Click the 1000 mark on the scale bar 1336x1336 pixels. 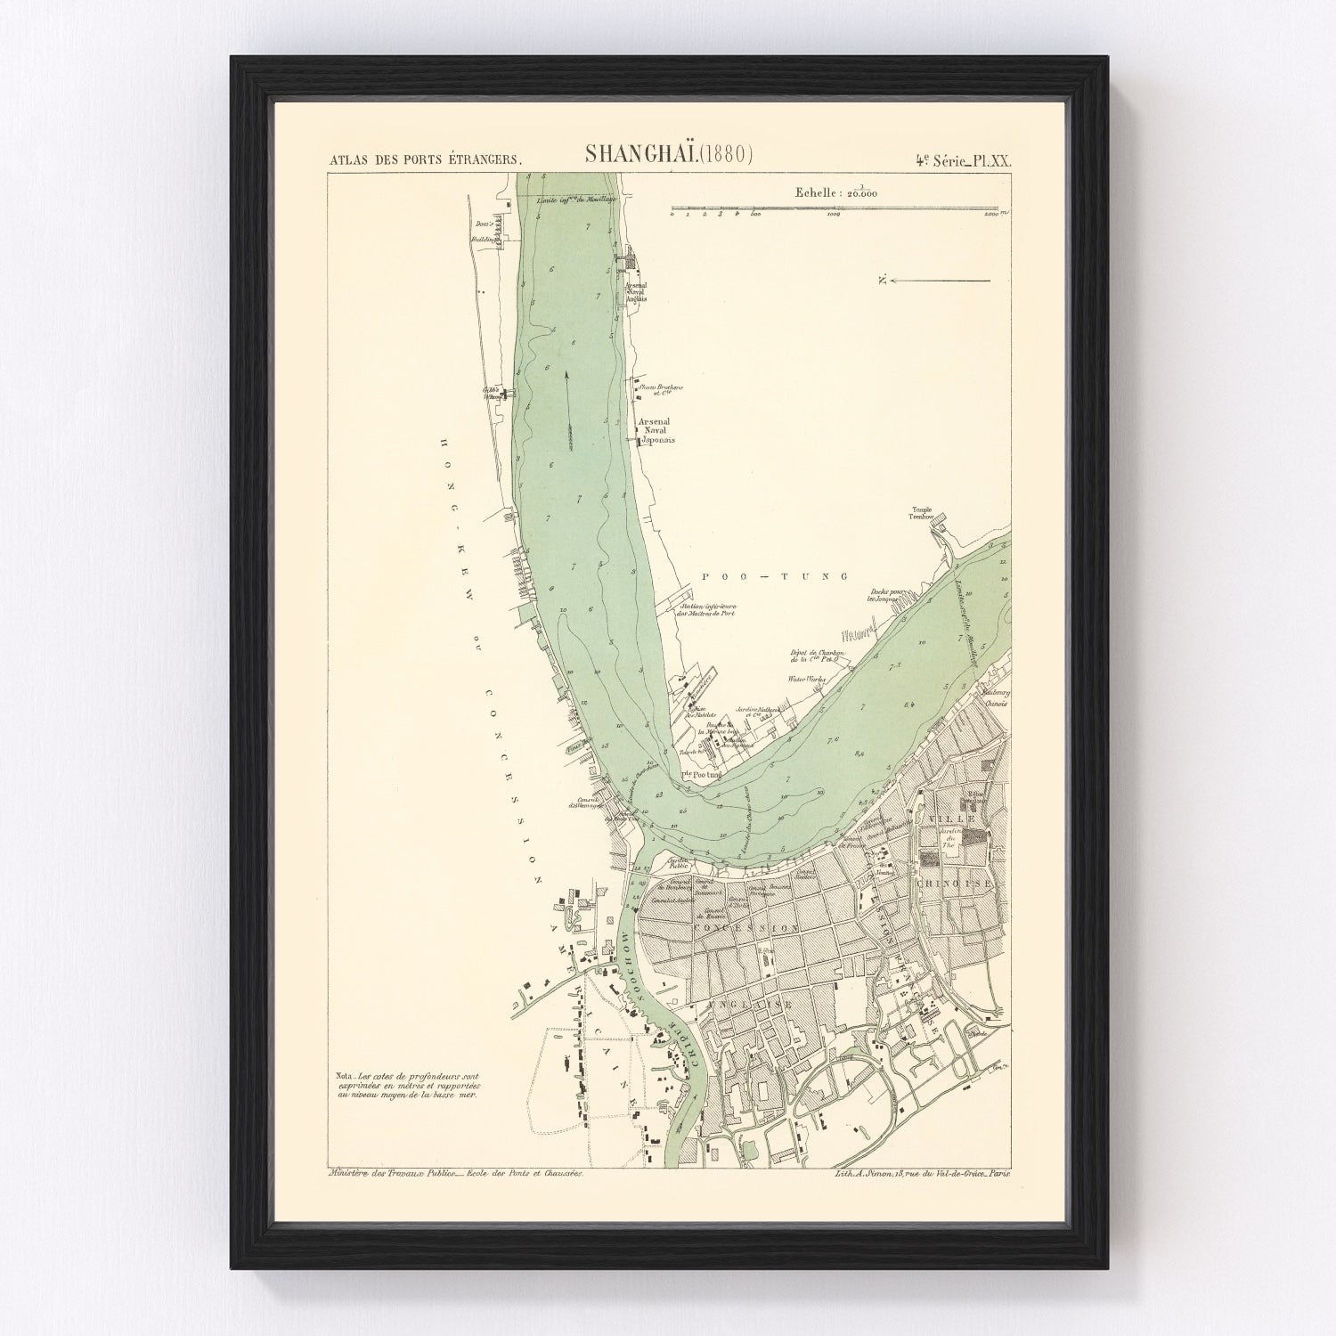click(x=835, y=215)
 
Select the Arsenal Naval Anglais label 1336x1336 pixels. click(x=636, y=292)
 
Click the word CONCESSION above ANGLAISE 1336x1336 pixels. click(x=754, y=926)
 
